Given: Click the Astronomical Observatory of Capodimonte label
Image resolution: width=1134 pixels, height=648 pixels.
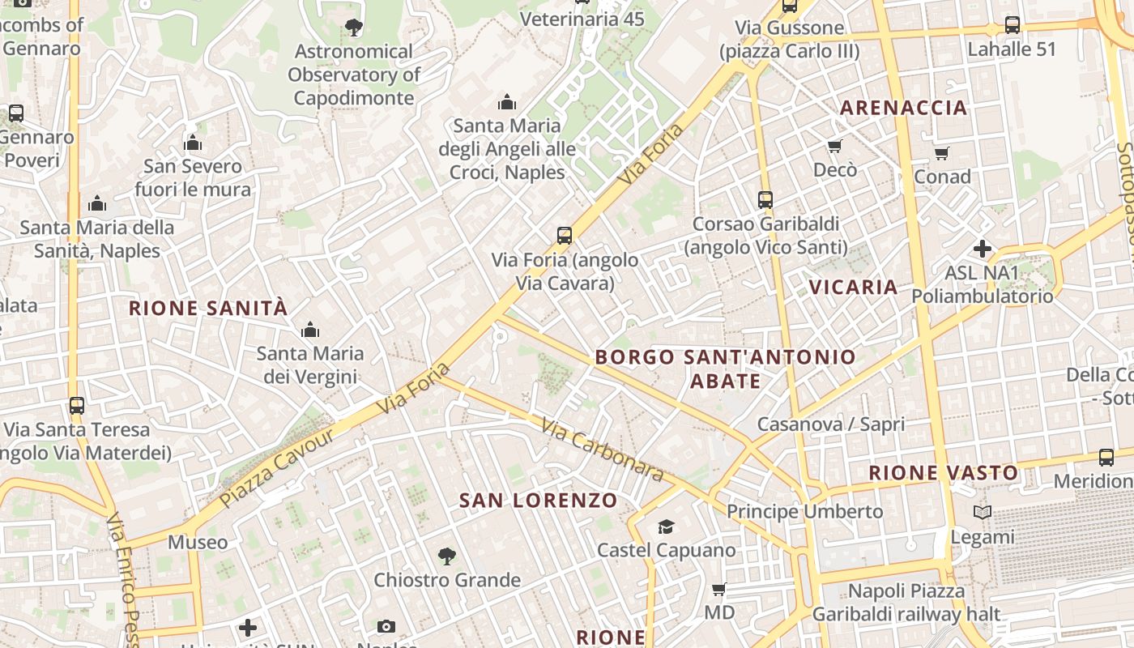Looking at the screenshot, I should (354, 75).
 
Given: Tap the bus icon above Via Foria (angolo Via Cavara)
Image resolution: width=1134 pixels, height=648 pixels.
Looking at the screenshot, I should (565, 236).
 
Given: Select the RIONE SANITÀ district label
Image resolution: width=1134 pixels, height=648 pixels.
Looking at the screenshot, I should (208, 308).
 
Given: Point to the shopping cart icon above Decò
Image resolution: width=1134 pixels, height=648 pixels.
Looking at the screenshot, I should (835, 146).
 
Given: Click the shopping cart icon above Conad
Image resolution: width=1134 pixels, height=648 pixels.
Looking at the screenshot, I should (941, 153).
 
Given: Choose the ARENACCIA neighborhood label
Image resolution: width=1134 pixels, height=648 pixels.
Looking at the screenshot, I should (904, 108).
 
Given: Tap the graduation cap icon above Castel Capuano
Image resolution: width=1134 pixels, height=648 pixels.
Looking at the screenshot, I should (666, 526).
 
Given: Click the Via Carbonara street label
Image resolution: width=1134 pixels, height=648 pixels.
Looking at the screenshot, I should (603, 450).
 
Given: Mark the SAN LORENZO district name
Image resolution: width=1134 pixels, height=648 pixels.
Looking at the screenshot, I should (539, 501).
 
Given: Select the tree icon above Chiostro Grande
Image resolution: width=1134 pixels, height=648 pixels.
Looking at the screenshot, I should (446, 556).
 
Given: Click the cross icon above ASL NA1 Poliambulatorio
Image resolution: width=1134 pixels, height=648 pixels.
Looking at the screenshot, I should (983, 249).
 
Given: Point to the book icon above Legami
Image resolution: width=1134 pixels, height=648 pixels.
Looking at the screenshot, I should (982, 513).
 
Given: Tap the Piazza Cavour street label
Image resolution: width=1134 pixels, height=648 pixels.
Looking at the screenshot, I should (276, 467).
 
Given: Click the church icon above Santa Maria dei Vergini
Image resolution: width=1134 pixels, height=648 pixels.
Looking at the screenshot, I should (309, 330).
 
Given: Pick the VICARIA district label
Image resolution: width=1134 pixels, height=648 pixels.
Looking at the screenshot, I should (853, 287).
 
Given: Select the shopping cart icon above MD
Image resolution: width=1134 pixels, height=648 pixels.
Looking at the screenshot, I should (718, 589).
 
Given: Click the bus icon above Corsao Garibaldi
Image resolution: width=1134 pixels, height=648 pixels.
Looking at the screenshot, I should (765, 199).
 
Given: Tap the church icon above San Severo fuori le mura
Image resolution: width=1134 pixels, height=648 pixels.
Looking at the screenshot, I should (193, 143).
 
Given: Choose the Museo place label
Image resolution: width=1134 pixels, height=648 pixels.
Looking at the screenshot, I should (198, 542).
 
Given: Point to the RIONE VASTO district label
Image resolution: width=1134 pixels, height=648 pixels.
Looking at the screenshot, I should (944, 473).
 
